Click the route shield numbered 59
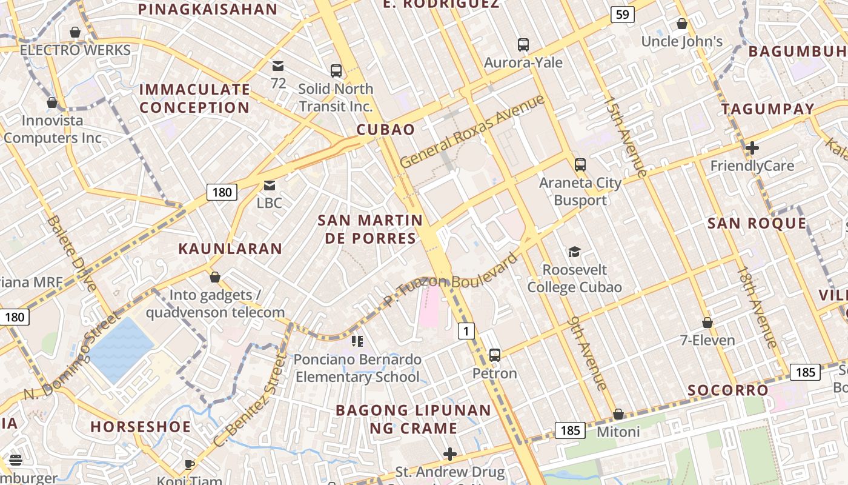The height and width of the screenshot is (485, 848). pyautogui.click(x=623, y=14)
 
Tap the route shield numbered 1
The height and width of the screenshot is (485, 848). pyautogui.click(x=465, y=331)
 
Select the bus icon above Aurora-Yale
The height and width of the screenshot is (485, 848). pyautogui.click(x=523, y=44)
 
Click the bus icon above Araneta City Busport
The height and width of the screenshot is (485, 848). pyautogui.click(x=580, y=164)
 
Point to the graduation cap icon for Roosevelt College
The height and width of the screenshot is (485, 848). pyautogui.click(x=574, y=252)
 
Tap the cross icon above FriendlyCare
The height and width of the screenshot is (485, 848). pyautogui.click(x=752, y=147)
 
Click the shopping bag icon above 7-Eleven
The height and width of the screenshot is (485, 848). pyautogui.click(x=707, y=323)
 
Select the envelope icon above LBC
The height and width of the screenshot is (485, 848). pyautogui.click(x=269, y=185)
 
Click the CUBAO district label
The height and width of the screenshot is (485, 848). pyautogui.click(x=386, y=130)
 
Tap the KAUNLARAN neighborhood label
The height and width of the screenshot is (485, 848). pyautogui.click(x=230, y=249)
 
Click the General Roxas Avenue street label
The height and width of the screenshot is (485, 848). pyautogui.click(x=472, y=132)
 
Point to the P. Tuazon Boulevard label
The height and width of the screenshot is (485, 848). pyautogui.click(x=451, y=279)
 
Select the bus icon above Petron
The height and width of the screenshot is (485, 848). pyautogui.click(x=494, y=355)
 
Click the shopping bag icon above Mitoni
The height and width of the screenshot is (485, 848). pyautogui.click(x=618, y=414)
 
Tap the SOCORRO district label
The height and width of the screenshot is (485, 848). pyautogui.click(x=728, y=390)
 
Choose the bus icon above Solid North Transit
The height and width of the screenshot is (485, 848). pyautogui.click(x=336, y=70)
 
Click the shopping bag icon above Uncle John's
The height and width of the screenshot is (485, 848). pyautogui.click(x=681, y=24)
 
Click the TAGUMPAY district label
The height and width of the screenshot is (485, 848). pyautogui.click(x=767, y=109)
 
